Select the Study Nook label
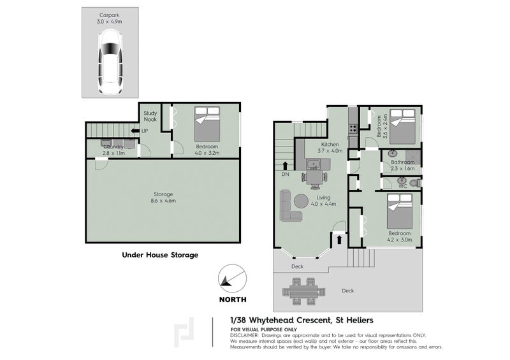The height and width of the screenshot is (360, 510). coord(150,116)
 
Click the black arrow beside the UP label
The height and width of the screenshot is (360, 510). coord(135,131)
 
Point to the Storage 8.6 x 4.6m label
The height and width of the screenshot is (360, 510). coord(163,198)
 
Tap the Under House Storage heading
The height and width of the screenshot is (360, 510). coord(160,255)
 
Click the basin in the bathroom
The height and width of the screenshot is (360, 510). coord(391,154)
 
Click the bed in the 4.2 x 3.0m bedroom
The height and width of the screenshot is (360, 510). coord(402,212)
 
